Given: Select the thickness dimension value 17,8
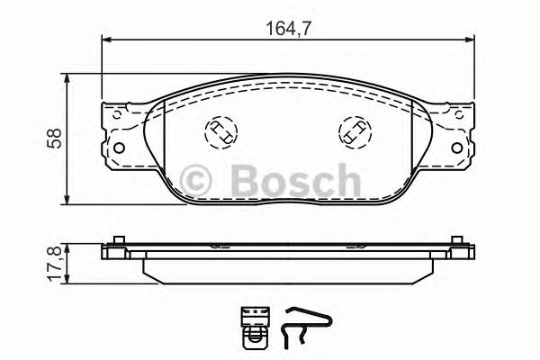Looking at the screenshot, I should [x=54, y=263].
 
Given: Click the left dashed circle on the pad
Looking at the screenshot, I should [x=219, y=133].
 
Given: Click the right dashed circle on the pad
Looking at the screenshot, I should [x=353, y=133].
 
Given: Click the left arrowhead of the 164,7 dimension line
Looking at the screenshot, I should [x=106, y=39].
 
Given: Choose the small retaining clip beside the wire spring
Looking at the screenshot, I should [x=255, y=325].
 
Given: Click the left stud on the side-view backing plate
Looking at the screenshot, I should [x=115, y=242].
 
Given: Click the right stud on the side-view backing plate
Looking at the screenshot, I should [x=458, y=242].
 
